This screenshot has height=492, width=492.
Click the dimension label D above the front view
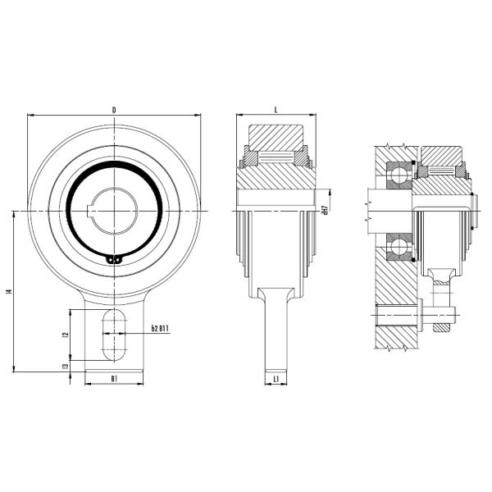tap(114, 109)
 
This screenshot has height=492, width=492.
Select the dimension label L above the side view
tap(276, 109)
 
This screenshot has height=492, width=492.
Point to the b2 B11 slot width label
tap(160, 329)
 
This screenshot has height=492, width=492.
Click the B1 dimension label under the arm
tap(115, 379)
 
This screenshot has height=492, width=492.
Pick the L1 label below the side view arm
tap(277, 378)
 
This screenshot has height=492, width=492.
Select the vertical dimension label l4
tap(8, 291)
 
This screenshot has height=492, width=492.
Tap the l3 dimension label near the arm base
tap(65, 366)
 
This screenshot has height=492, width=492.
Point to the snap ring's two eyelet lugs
tap(115, 261)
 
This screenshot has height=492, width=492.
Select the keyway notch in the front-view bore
tap(89, 211)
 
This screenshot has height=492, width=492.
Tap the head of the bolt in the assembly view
tap(418, 314)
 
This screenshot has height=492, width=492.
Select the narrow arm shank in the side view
tap(276, 336)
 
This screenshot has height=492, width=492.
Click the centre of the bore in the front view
tap(115, 211)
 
